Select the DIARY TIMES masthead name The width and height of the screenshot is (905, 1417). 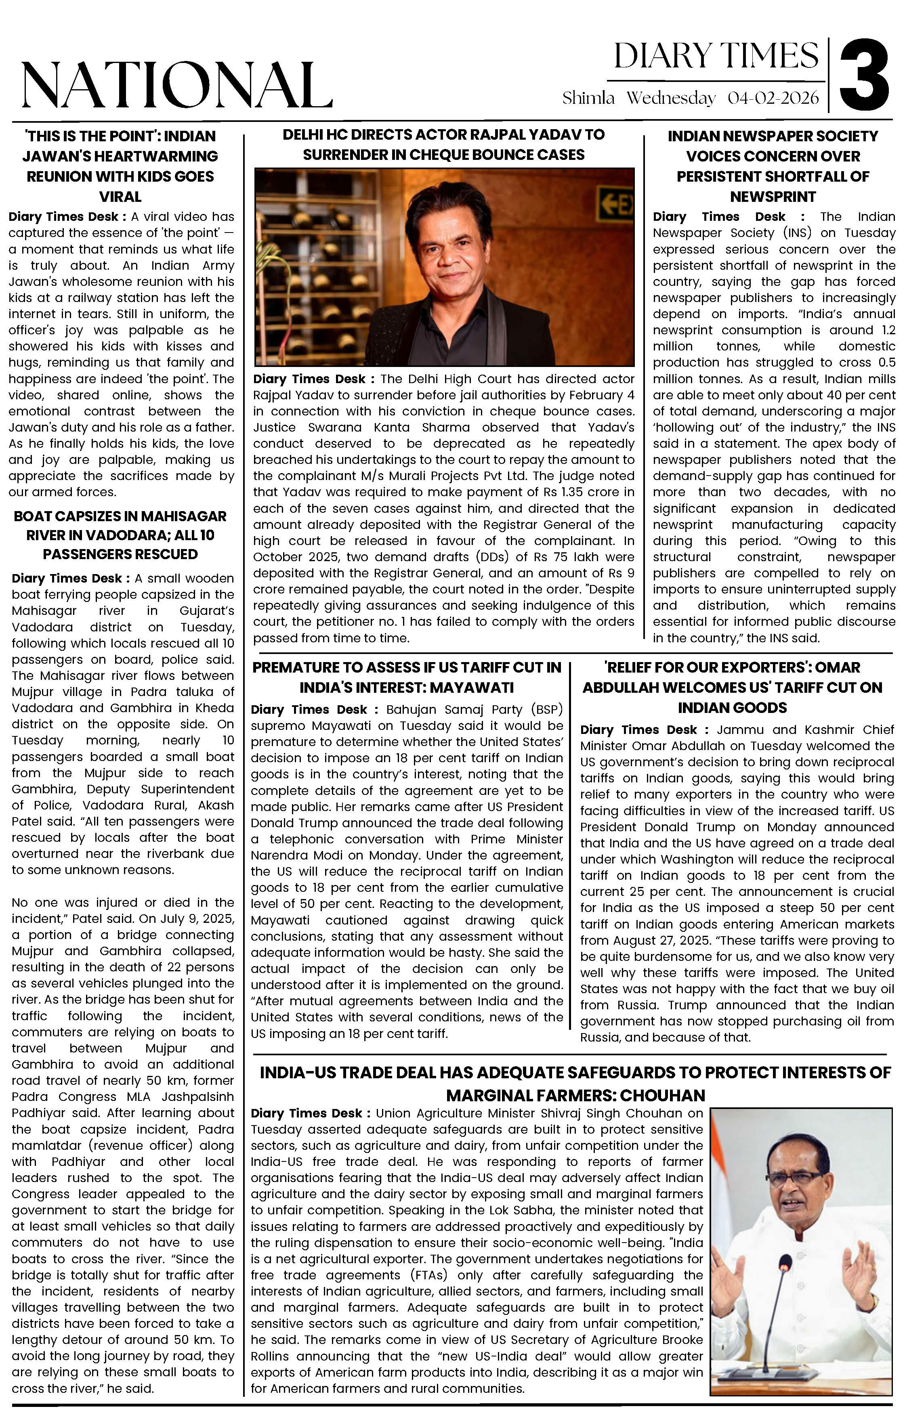pyautogui.click(x=716, y=57)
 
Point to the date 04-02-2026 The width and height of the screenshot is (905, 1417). pyautogui.click(x=773, y=98)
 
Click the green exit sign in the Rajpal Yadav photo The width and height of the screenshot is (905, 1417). pyautogui.click(x=617, y=205)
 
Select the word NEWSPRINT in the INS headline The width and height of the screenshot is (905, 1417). pyautogui.click(x=773, y=197)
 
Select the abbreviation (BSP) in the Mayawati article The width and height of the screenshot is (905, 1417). pyautogui.click(x=546, y=710)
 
